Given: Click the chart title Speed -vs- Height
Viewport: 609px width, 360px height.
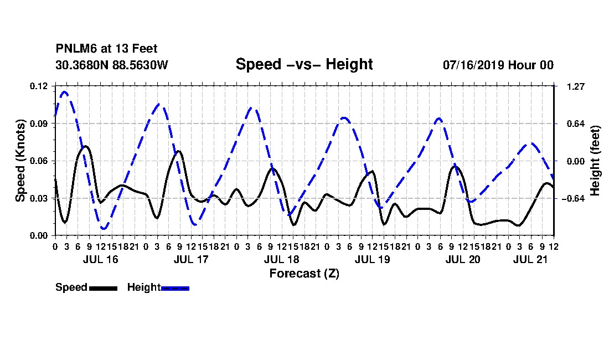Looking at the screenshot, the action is click(x=304, y=64).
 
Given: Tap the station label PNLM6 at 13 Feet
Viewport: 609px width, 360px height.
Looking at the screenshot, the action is click(x=106, y=49).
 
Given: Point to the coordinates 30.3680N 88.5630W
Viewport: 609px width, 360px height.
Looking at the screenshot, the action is click(x=111, y=65).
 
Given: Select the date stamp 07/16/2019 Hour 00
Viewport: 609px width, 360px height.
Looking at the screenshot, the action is click(x=498, y=65).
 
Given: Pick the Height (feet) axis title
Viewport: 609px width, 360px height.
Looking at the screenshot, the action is click(x=595, y=161).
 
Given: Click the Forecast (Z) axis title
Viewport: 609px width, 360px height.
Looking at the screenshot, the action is click(x=304, y=274).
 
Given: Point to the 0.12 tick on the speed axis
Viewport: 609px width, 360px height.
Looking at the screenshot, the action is click(x=39, y=86).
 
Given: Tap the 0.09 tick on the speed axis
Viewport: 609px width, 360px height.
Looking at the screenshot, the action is click(x=39, y=124).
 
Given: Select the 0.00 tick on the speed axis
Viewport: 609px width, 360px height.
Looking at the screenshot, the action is click(x=39, y=235).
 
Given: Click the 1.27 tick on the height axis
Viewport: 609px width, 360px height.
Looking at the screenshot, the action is click(x=576, y=86).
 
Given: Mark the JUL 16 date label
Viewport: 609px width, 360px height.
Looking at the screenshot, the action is click(x=101, y=259).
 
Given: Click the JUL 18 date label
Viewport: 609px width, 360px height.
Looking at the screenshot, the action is click(x=282, y=259).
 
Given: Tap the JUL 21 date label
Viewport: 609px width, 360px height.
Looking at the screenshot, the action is click(x=530, y=259).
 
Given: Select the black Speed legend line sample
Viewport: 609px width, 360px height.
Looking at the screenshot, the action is click(x=103, y=288).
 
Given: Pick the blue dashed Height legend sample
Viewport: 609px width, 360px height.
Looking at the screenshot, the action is click(x=175, y=288).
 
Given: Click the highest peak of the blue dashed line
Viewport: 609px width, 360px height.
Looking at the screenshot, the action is click(x=64, y=92).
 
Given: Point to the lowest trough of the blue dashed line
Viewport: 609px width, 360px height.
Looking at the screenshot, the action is click(x=104, y=228).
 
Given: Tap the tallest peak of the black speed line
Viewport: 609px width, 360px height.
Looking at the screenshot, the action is click(x=86, y=146).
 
